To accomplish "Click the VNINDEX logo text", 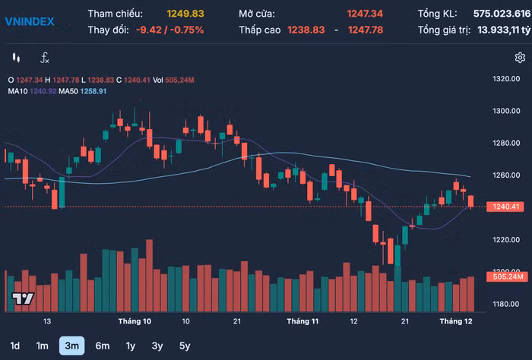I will coord(30,21).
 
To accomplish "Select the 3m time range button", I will coord(72,346).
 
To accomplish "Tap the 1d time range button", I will coord(15,346).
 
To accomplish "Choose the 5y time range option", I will coord(185,346).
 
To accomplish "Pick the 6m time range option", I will coord(102,346).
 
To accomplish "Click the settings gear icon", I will coord(520,58).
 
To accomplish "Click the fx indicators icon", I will coord(45,58).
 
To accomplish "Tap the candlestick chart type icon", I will coord(16,58).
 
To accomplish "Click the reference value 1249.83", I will coord(185,14).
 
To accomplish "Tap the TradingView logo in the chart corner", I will coord(23,298).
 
